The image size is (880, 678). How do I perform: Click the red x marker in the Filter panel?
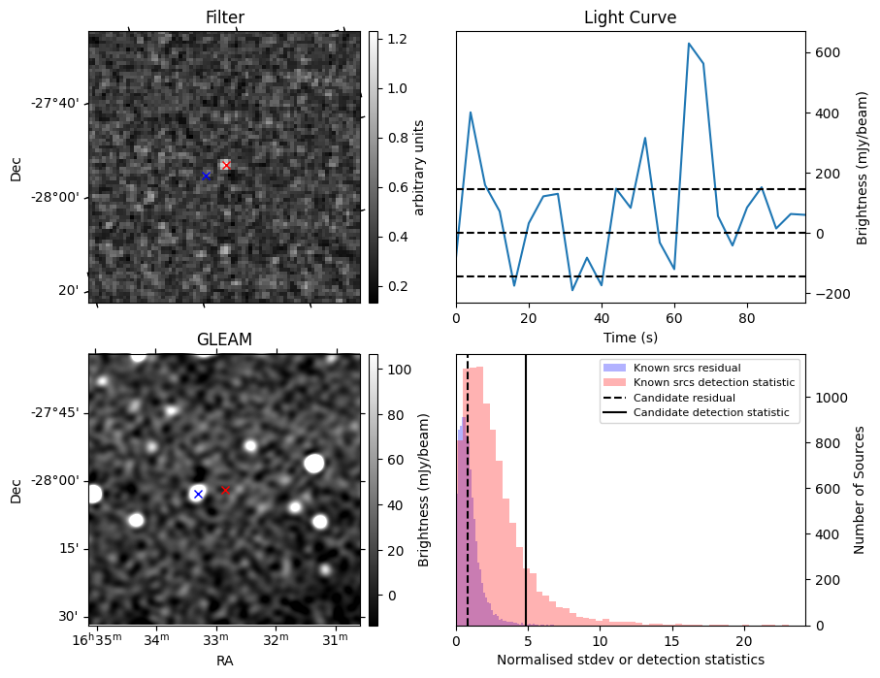click(226, 165)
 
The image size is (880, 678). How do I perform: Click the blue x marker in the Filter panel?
click(206, 176)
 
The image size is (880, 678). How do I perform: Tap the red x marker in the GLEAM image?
click(225, 490)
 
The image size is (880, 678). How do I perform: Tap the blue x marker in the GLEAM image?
click(198, 494)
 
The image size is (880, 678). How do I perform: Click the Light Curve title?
click(630, 17)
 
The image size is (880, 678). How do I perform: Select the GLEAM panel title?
click(224, 339)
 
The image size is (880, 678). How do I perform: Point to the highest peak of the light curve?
click(689, 44)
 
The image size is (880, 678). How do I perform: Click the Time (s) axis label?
click(630, 336)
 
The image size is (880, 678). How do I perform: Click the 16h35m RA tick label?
click(95, 638)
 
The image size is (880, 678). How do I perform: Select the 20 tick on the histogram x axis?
click(744, 640)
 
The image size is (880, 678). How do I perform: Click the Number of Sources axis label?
click(860, 490)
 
